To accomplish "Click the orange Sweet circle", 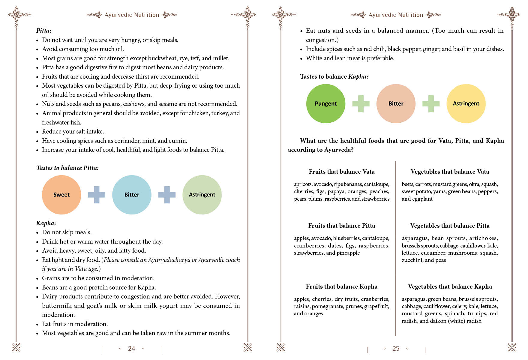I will (x=61, y=195).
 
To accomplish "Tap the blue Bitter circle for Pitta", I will (x=132, y=195).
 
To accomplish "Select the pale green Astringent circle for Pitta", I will (x=202, y=195).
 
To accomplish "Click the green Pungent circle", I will (x=326, y=103).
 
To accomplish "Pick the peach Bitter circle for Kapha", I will (x=396, y=103).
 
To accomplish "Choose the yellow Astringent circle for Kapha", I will (x=466, y=103).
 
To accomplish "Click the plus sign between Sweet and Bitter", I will (x=97, y=195).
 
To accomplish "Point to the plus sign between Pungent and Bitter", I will (x=361, y=103).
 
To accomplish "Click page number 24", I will (x=131, y=349).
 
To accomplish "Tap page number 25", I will (x=396, y=349).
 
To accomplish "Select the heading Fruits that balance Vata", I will (x=342, y=172).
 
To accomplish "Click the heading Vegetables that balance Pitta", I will (x=450, y=226).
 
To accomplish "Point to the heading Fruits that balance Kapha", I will (x=342, y=286).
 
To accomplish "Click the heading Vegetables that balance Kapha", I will (x=450, y=286).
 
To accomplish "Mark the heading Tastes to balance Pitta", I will (x=67, y=168).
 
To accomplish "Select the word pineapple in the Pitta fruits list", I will (x=348, y=253).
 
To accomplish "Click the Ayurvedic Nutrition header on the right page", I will (x=396, y=15).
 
